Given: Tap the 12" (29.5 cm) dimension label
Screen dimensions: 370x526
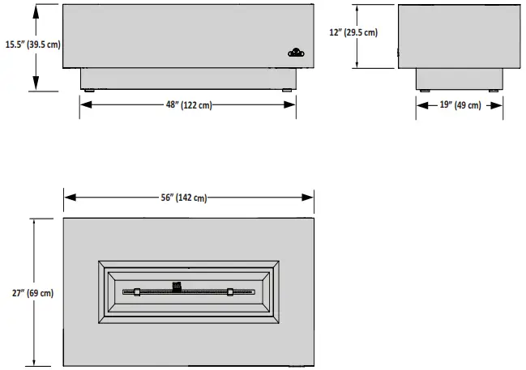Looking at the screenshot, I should [354, 33].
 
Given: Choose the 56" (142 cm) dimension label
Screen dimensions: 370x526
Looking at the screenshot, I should [187, 198].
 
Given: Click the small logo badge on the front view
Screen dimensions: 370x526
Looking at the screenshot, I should [296, 53].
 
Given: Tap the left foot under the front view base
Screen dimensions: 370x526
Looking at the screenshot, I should [87, 91].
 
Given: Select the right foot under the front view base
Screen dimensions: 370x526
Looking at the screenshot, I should [289, 91].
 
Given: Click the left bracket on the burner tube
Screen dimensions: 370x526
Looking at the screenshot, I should [137, 291].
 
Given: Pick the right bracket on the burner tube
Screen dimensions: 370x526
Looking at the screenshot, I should [231, 291].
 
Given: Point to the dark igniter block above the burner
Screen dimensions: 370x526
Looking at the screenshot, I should [177, 284].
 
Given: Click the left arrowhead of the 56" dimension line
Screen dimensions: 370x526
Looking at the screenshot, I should [68, 198].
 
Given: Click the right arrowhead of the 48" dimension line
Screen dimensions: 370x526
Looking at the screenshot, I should [291, 105].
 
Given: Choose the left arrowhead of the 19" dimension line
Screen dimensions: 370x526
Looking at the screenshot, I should [421, 105].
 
